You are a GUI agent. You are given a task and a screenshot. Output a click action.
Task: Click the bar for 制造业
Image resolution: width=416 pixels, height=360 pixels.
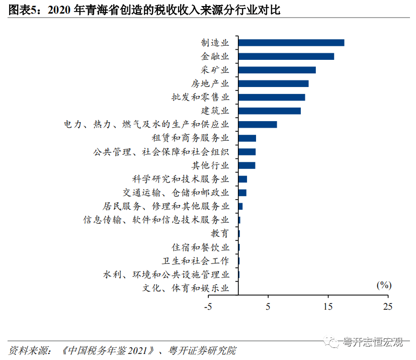291,43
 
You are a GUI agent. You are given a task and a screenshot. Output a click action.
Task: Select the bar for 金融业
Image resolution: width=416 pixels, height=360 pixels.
286,56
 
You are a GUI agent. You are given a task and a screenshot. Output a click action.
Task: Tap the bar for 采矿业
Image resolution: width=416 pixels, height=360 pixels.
277,70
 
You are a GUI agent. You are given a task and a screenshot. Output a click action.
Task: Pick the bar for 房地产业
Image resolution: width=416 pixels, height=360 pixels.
274,83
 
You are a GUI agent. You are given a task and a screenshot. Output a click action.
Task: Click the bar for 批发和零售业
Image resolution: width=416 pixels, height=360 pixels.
272,97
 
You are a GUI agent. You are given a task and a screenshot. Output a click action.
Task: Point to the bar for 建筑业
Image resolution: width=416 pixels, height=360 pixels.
270,111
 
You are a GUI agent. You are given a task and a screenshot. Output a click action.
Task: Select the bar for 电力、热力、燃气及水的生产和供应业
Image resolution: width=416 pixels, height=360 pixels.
258,124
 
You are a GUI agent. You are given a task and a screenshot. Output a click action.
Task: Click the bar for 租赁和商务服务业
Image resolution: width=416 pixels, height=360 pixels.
247,138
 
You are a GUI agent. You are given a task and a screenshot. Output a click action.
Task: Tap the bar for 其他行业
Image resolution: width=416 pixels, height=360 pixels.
246,165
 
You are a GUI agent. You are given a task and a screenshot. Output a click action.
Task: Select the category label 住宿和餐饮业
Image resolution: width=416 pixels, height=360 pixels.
200,247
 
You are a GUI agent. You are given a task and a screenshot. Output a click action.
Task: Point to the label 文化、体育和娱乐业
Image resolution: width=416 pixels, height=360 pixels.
186,288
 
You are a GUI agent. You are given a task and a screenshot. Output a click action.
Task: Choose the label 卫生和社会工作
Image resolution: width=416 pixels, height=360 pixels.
195,261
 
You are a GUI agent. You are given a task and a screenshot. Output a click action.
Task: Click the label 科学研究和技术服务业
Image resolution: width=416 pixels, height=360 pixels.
181,179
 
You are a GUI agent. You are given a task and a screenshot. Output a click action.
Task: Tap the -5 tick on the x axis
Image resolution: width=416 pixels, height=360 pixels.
208,306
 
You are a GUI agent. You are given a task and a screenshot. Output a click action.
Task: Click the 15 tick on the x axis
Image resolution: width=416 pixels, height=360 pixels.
328,306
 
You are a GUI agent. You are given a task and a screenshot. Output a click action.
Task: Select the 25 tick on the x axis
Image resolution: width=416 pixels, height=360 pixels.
387,306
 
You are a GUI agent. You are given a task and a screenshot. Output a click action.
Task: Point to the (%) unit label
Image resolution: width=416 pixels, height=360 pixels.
383,285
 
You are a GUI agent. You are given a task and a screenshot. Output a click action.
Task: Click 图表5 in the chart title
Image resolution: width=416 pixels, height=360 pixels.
24,10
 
